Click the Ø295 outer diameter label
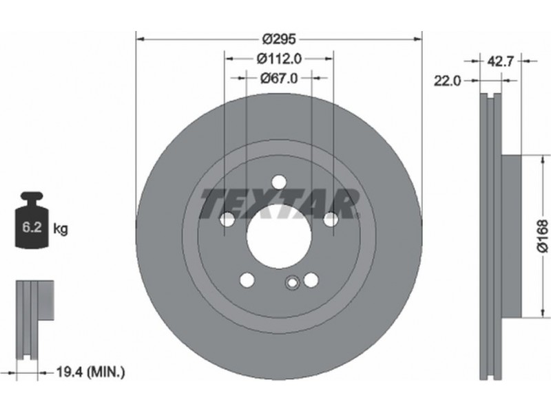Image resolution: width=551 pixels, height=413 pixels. [x=279, y=39]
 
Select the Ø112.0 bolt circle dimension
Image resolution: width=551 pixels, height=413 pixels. [x=279, y=59]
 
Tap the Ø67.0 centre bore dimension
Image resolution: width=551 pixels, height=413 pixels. [x=279, y=78]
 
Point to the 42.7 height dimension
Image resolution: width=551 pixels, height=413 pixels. [x=501, y=61]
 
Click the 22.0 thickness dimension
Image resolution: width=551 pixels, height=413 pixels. [x=447, y=81]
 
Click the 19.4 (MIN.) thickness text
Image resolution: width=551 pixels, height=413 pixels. [x=91, y=372]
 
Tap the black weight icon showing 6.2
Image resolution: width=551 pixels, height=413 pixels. [x=32, y=220]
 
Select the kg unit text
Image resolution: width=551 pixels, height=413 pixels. [x=61, y=229]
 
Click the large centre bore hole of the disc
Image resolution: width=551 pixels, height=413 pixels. [x=279, y=236]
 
